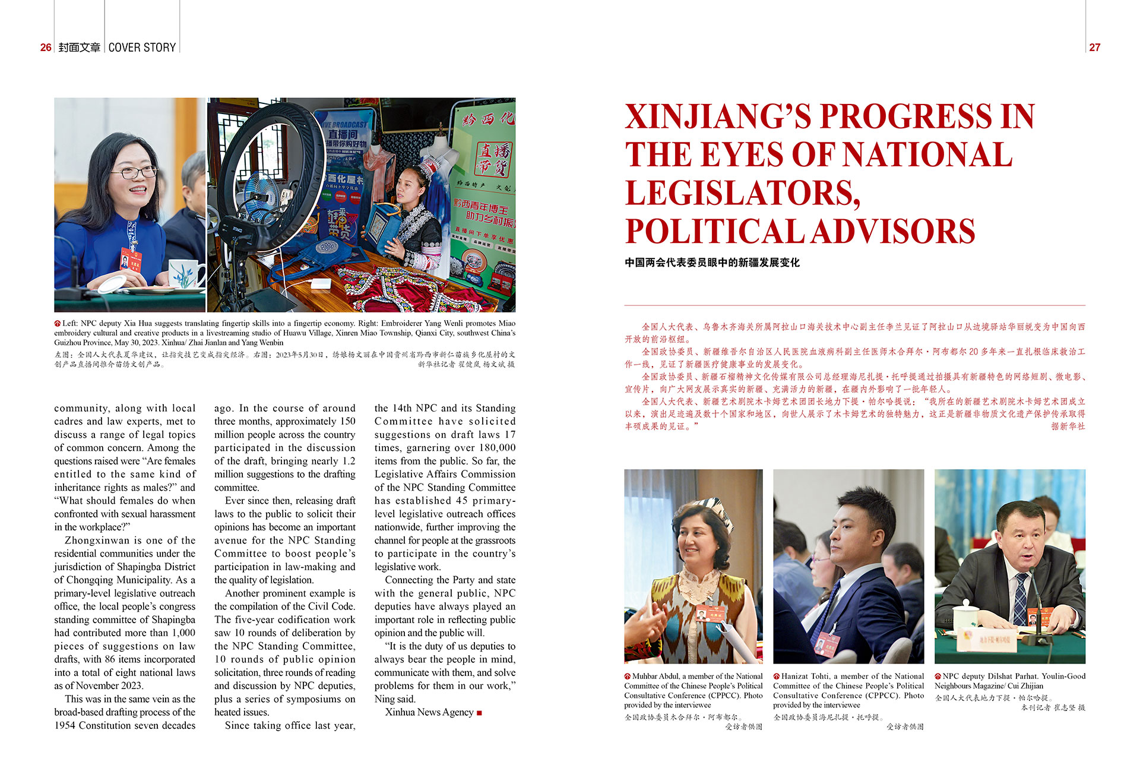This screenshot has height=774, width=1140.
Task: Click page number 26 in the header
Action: (46, 48)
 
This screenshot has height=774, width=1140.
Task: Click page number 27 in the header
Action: (1094, 48)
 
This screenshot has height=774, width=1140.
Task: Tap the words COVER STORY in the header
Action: (142, 48)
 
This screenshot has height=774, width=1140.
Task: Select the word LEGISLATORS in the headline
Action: (742, 194)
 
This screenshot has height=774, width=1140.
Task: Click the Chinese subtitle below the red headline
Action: (712, 263)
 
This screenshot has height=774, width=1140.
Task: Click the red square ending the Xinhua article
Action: (479, 713)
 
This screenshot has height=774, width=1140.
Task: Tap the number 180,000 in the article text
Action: (497, 448)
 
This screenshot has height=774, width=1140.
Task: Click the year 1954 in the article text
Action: (65, 725)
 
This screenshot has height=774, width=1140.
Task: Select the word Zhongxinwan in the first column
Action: (97, 541)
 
